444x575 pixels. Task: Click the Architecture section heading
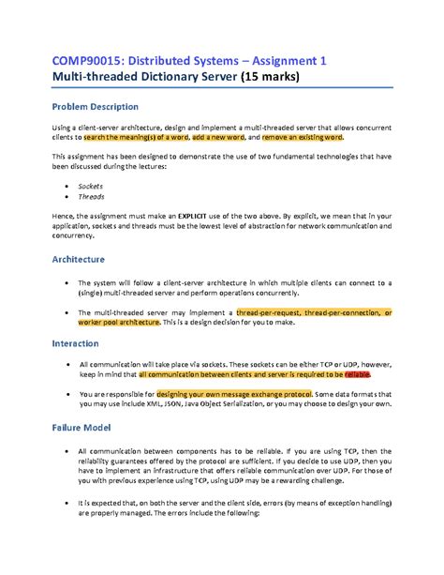(78, 258)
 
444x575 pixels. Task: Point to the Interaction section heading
(75, 343)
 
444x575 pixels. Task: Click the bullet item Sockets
(91, 187)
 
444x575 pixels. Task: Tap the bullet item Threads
(91, 198)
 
